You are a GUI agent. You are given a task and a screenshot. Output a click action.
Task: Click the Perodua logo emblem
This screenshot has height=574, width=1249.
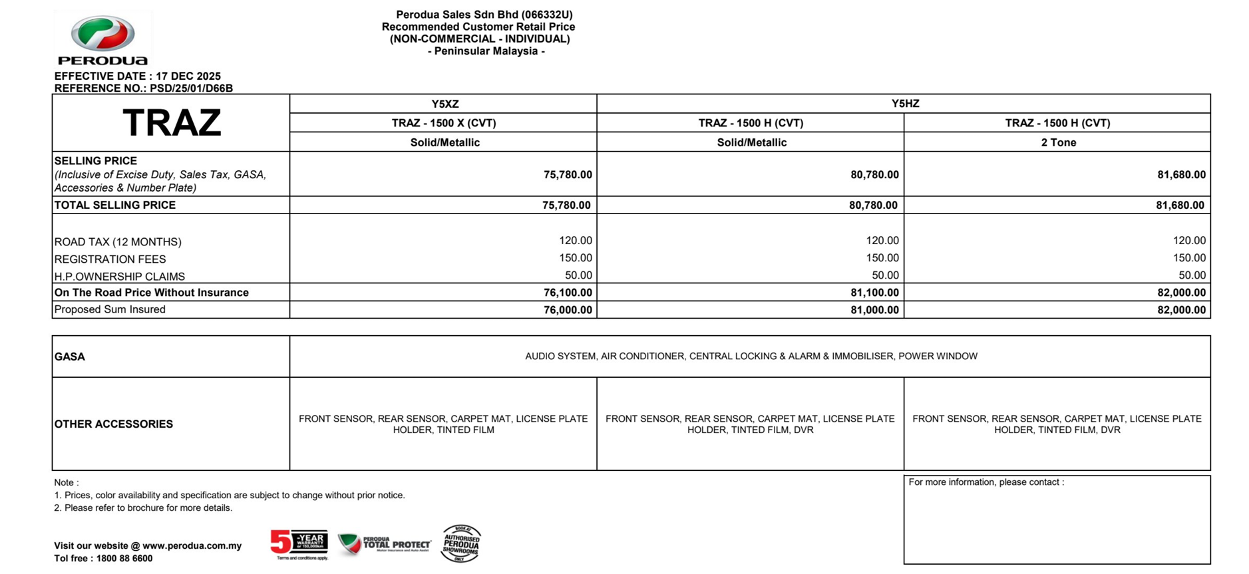pos(102,33)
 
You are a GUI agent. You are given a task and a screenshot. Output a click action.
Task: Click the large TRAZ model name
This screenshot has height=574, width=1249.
pos(172,123)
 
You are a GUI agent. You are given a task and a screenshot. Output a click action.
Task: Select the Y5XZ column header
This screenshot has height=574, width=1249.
pos(445,104)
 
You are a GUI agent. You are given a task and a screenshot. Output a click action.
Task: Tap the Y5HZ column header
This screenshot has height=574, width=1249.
pos(905,104)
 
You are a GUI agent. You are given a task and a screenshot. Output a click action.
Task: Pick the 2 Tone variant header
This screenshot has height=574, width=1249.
pos(1058,142)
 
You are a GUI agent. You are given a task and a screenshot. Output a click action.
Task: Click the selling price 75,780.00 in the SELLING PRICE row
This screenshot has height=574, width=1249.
pos(568,174)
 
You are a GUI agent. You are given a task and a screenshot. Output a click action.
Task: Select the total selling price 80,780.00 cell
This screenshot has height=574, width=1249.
pos(873,205)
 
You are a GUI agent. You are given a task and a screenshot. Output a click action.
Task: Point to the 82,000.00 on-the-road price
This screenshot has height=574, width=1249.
pos(1181,293)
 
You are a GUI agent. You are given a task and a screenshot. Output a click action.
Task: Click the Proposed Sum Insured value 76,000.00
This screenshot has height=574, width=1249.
pos(568,310)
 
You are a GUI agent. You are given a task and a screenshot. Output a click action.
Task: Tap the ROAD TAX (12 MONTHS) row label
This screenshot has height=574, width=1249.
pos(118,242)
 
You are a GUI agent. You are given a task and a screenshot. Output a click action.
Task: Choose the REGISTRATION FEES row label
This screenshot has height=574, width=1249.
pos(110,259)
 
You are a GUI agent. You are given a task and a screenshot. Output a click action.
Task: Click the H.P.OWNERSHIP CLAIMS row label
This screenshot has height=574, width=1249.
pos(120,277)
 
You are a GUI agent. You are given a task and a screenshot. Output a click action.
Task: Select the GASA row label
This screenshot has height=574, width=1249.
pos(70,357)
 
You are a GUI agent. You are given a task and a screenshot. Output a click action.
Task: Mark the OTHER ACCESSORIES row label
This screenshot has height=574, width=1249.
pos(114,424)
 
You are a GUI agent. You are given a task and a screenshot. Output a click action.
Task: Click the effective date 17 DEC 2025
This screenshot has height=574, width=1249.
pos(188,76)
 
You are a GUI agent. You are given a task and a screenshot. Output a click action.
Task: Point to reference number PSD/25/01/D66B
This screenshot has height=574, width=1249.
pos(191,88)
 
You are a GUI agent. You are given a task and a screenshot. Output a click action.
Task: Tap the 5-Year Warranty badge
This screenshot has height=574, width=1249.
pos(299,543)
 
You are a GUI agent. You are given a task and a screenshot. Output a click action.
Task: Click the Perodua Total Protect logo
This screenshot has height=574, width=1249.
pos(384,545)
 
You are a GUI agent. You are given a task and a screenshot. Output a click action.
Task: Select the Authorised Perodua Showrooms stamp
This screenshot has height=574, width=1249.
pos(460,543)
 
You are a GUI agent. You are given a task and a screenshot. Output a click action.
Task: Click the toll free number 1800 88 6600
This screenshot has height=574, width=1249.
pos(124,559)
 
